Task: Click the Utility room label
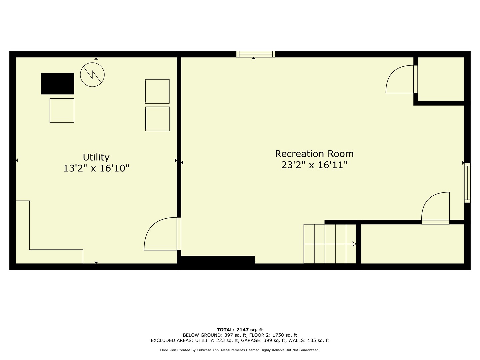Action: click(96, 157)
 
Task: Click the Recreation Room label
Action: click(314, 154)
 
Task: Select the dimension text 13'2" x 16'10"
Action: click(96, 168)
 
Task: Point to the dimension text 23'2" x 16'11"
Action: click(314, 165)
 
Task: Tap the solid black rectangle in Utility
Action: click(57, 84)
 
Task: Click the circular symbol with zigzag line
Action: click(92, 75)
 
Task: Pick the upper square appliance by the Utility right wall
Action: click(157, 91)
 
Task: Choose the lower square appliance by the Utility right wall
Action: click(158, 119)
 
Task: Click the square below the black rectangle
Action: click(62, 111)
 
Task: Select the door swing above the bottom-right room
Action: click(436, 208)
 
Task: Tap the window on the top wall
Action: click(256, 54)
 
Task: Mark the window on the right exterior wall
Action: click(467, 183)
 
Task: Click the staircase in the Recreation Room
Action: click(330, 244)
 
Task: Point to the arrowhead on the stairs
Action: click(354, 244)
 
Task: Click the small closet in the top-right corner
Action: click(441, 79)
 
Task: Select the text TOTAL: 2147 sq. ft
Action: click(240, 330)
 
